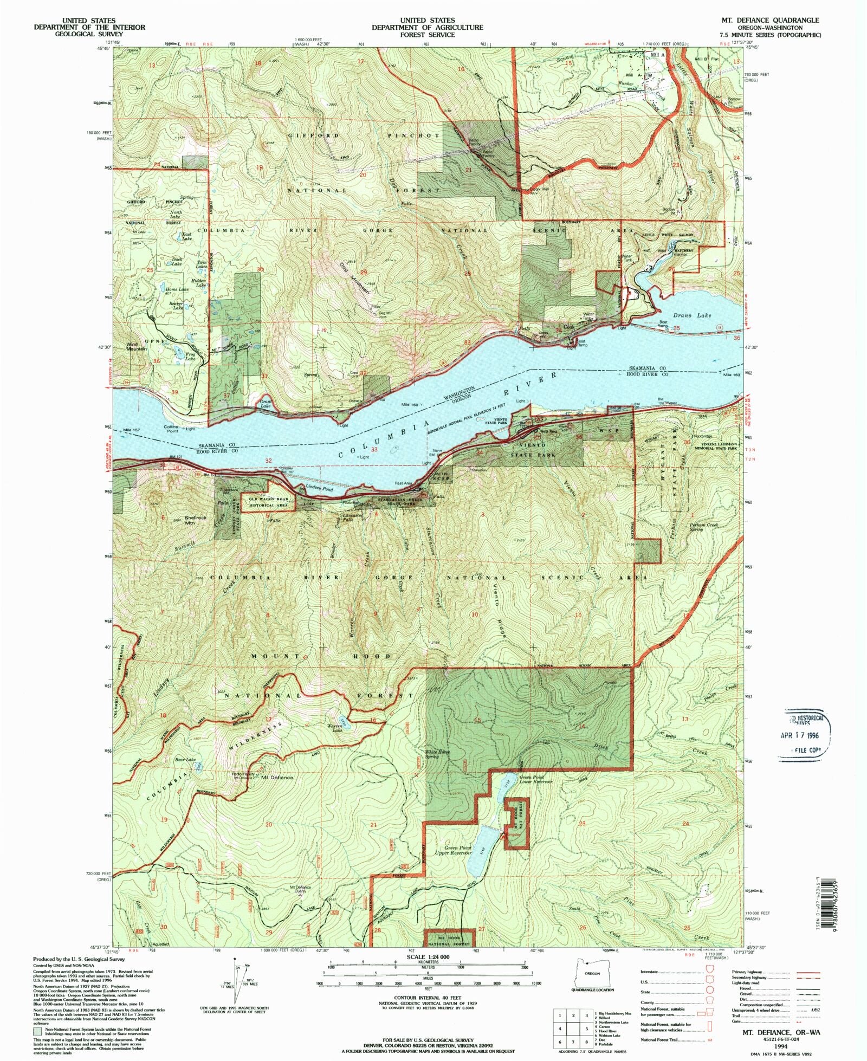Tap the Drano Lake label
coord(692,315)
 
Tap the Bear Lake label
coord(185,760)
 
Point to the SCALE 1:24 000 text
coord(427,957)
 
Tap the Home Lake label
coord(177,289)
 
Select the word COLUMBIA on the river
coord(388,441)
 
